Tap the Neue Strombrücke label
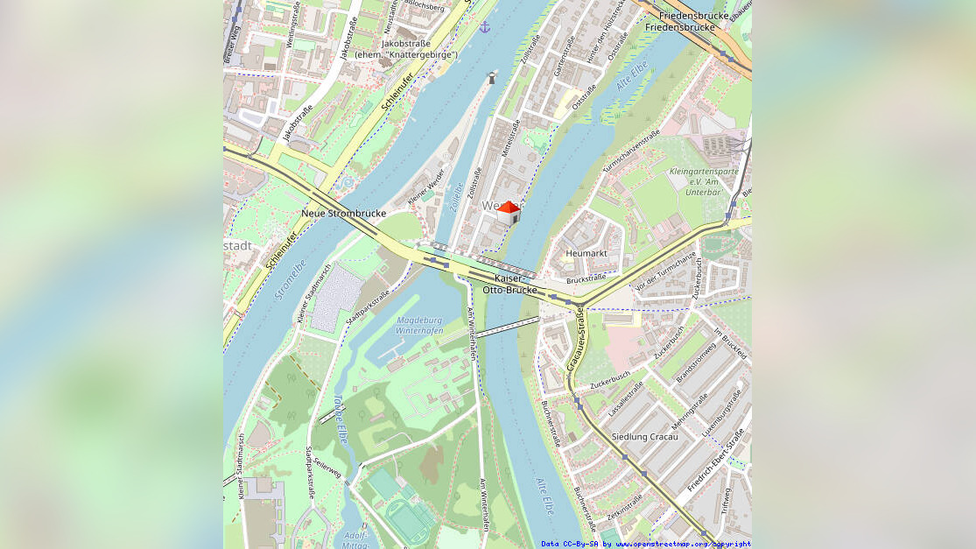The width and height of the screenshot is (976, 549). pos(343,214)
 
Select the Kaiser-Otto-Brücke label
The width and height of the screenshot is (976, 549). pos(509,284)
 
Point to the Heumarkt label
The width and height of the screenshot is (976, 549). pos(586,253)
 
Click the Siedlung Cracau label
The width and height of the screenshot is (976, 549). pos(644,436)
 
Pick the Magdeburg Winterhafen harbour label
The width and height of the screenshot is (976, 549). pos(419,326)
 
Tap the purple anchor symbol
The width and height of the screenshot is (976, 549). pos(485,27)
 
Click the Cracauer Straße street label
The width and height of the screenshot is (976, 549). pos(577,338)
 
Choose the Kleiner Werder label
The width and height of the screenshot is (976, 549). pos(426,187)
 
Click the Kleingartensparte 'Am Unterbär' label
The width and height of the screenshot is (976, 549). pos(703,181)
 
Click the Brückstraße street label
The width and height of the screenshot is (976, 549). pos(586,279)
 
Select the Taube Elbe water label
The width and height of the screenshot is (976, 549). pos(339,419)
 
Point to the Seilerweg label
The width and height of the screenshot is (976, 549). pos(327,470)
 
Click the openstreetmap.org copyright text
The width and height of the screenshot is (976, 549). pos(645,544)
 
